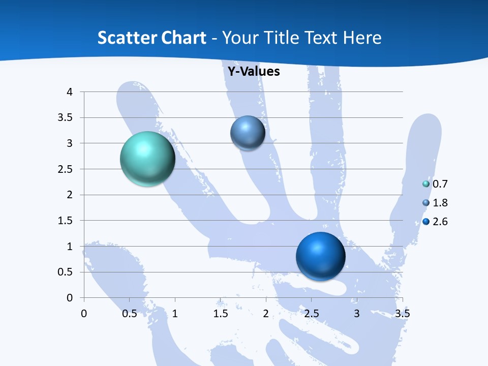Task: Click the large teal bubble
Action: (x=147, y=159)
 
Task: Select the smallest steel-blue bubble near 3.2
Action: (x=248, y=133)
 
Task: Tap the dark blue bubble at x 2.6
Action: (x=320, y=256)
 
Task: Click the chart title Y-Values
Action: (x=254, y=72)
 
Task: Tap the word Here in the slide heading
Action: (x=361, y=38)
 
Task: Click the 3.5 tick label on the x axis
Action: (x=402, y=314)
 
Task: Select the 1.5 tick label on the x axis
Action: (x=220, y=314)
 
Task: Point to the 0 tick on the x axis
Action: (x=84, y=314)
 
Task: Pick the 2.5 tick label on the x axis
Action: (x=311, y=314)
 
